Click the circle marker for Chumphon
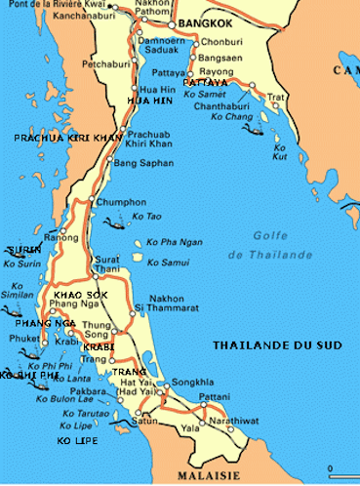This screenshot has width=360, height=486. click(x=91, y=201)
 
